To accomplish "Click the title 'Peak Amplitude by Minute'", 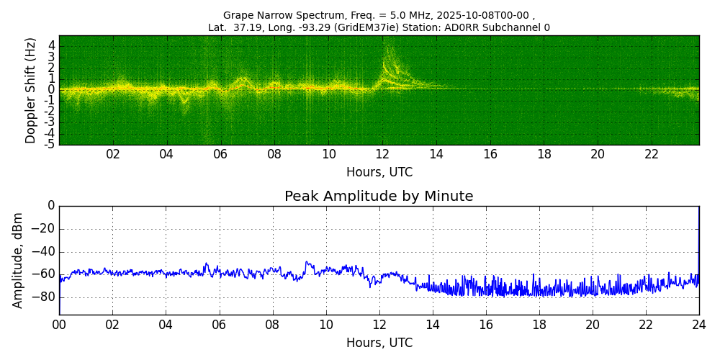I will click(379, 197).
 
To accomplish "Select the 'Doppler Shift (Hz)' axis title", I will click(31, 91).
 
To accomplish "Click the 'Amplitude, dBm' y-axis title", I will click(18, 260).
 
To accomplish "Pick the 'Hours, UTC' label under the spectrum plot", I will click(379, 173).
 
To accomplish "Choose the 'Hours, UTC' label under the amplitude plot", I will click(379, 343).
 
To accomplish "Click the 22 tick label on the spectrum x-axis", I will click(652, 154).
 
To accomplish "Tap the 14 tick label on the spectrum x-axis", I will click(436, 154).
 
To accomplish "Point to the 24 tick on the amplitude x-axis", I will click(698, 325).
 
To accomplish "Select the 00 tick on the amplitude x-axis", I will click(59, 325).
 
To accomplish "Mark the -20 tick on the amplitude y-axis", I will click(45, 229).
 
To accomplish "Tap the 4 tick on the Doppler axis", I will click(51, 45).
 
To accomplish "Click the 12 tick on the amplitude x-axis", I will click(379, 325).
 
